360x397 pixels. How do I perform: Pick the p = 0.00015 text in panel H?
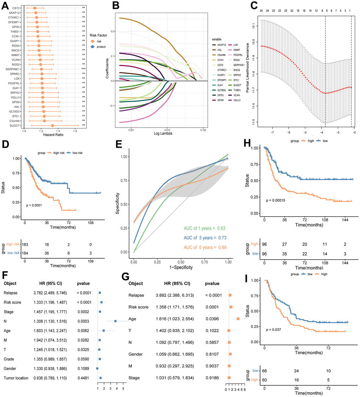279,201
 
